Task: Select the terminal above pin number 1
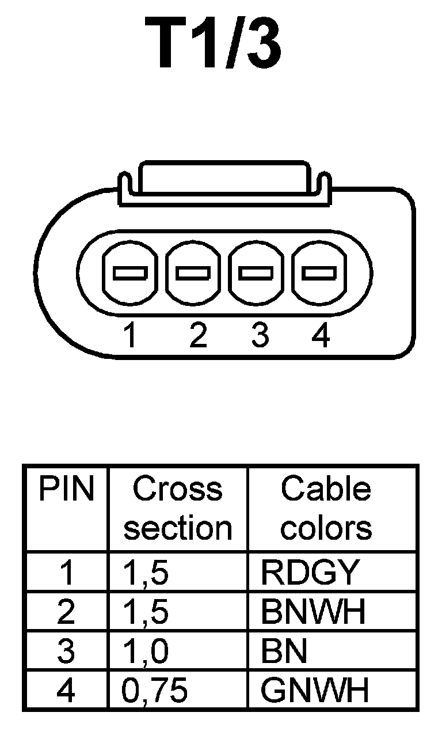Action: click(129, 272)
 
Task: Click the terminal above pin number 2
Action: click(193, 272)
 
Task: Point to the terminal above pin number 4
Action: click(320, 272)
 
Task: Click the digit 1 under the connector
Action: click(131, 336)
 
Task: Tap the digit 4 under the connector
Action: click(320, 336)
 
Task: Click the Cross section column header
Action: click(177, 509)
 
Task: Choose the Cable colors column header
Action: click(326, 509)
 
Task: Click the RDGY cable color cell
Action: click(310, 572)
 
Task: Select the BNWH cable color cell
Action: click(313, 612)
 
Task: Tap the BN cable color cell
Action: click(284, 651)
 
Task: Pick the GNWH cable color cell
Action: click(314, 691)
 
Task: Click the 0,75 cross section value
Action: click(155, 691)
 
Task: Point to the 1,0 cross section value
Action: click(146, 651)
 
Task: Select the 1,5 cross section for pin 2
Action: click(146, 612)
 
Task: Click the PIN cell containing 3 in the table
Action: click(66, 651)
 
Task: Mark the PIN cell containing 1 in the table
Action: click(66, 572)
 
